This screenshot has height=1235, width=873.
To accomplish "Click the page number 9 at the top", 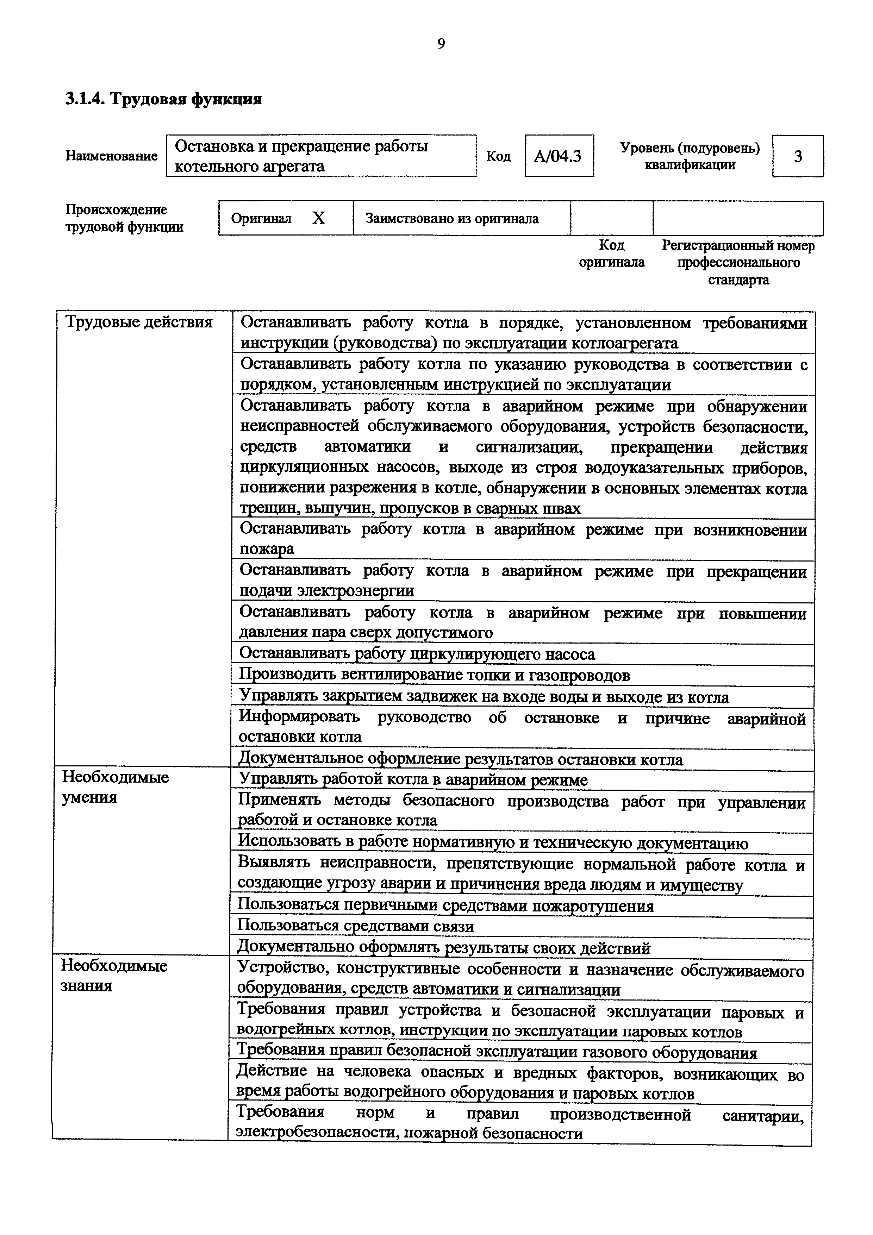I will (x=441, y=44).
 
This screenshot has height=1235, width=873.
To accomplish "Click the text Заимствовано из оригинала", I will (x=452, y=218).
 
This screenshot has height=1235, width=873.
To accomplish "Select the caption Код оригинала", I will (x=612, y=254).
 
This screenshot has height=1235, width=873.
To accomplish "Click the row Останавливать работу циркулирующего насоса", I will (x=417, y=654).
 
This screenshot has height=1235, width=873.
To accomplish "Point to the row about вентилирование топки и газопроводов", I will (x=434, y=675).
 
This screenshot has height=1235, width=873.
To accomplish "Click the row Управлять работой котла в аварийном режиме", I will (x=413, y=780).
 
